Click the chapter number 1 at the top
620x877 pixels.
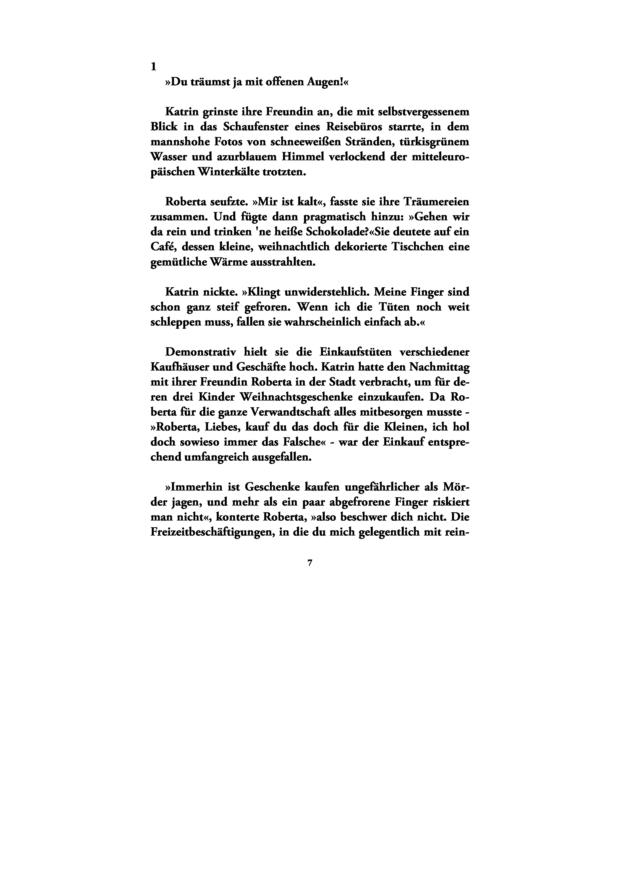coord(153,67)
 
